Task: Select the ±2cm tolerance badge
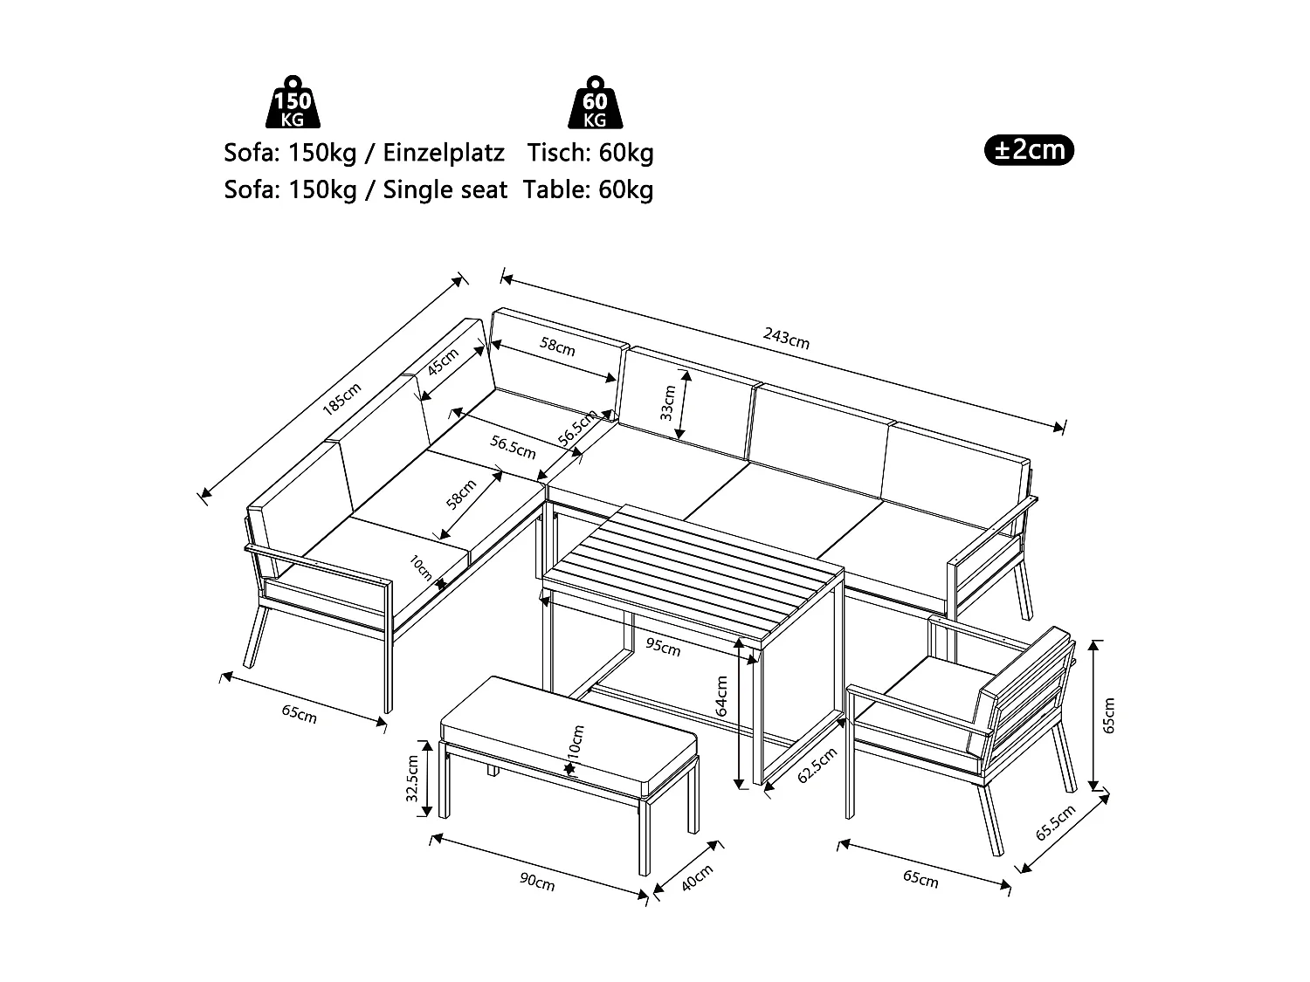(x=1029, y=150)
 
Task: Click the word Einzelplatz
(x=445, y=153)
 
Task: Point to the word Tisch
(x=559, y=153)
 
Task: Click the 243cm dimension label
(x=786, y=339)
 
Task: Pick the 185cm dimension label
(x=341, y=400)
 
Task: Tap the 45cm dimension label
(x=444, y=361)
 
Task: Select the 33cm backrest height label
(x=667, y=402)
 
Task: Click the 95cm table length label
(x=663, y=647)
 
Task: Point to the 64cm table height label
(x=722, y=696)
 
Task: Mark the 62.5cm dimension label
(x=817, y=766)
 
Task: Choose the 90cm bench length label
(x=537, y=882)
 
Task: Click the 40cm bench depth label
(x=697, y=878)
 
